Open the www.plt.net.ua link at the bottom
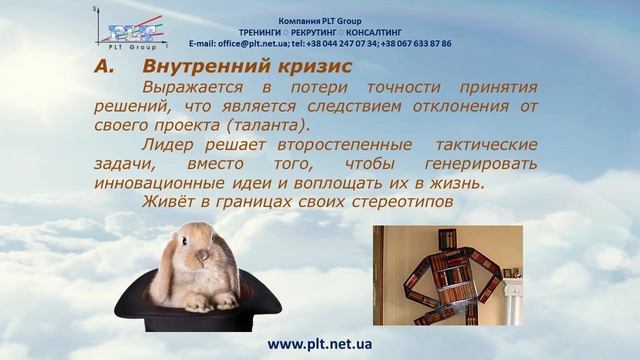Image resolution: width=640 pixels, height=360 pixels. [x=320, y=343]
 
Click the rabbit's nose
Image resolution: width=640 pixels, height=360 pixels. [x=202, y=261]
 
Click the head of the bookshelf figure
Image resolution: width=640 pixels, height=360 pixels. [x=448, y=241]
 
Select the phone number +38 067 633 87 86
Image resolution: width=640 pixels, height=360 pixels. [x=410, y=44]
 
